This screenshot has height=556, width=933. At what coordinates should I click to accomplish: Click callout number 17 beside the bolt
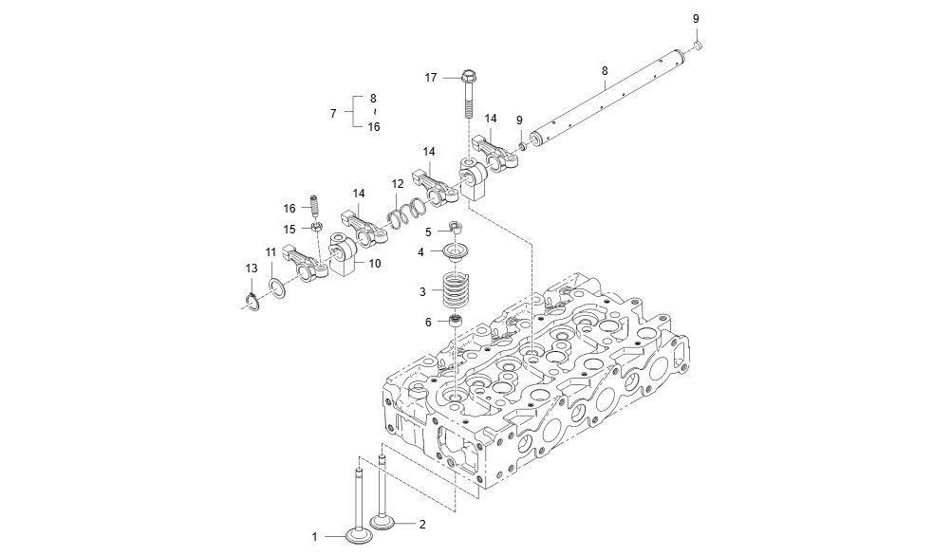pos(430,78)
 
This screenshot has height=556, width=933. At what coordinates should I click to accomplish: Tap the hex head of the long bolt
pos(469,76)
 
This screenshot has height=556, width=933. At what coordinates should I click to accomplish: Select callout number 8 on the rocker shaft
pos(605,70)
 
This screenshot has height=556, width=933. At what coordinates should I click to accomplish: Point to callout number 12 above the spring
pos(398,183)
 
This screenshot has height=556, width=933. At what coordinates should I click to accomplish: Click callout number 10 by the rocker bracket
pos(375,264)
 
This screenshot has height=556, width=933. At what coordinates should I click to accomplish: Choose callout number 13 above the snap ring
pos(251,269)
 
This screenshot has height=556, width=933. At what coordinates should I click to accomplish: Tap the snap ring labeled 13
pos(252,302)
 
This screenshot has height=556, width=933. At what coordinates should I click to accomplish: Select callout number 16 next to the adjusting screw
pos(290,208)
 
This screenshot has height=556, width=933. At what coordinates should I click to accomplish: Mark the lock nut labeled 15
pos(317,228)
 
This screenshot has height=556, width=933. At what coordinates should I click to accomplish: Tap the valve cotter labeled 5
pos(457,229)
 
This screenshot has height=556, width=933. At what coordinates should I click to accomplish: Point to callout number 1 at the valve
pos(315,537)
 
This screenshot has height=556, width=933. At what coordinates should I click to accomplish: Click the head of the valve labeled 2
pos(383,521)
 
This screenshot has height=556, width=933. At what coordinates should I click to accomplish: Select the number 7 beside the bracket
pos(333,113)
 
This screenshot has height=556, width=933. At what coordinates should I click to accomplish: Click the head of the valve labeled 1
pos(360,537)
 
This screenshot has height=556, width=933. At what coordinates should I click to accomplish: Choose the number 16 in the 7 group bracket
pos(373,127)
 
